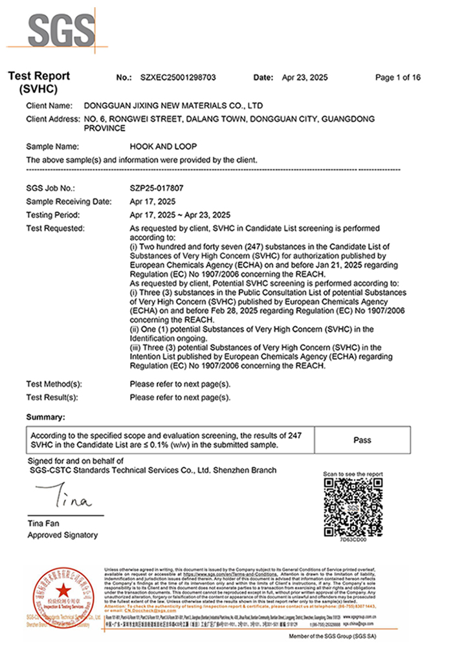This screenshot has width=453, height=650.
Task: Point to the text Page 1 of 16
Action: pyautogui.click(x=398, y=78)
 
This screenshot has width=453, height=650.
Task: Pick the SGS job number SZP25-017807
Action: pyautogui.click(x=157, y=190)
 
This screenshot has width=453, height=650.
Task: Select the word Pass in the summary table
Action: pyautogui.click(x=362, y=440)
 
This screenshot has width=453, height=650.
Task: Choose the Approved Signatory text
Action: pyautogui.click(x=62, y=535)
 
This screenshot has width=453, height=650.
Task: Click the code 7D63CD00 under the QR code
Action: pyautogui.click(x=353, y=538)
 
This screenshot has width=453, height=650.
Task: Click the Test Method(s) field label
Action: pyautogui.click(x=54, y=384)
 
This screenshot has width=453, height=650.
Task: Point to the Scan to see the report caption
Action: pyautogui.click(x=353, y=474)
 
